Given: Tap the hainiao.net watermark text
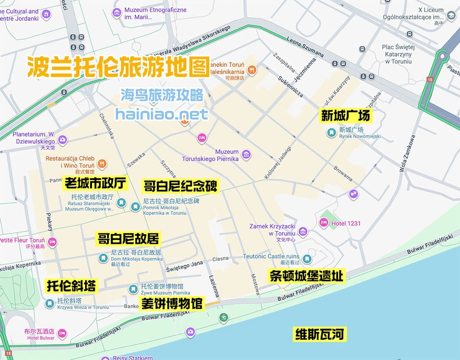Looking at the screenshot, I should pyautogui.click(x=162, y=114).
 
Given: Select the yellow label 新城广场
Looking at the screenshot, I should pyautogui.click(x=345, y=116).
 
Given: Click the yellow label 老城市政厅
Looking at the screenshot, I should pyautogui.click(x=95, y=184).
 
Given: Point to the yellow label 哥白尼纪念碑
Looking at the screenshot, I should pyautogui.click(x=180, y=186).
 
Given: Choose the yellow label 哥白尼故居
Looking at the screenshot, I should pyautogui.click(x=128, y=238).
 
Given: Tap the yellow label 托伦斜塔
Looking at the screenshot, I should pyautogui.click(x=71, y=286).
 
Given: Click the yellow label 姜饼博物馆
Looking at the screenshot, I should pyautogui.click(x=171, y=304).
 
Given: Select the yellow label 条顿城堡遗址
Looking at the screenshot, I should pyautogui.click(x=306, y=276).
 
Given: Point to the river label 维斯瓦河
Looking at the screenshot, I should pyautogui.click(x=319, y=334).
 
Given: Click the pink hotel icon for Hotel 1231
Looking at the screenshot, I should pyautogui.click(x=324, y=223).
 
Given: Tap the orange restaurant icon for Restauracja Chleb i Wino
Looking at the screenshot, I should pyautogui.click(x=103, y=163).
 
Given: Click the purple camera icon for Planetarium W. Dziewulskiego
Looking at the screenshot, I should pyautogui.click(x=63, y=139).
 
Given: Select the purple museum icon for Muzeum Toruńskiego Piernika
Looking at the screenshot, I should pyautogui.click(x=247, y=155).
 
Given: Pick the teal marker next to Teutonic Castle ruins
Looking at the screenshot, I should pyautogui.click(x=307, y=259).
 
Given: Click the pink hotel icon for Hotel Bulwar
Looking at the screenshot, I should pyautogui.click(x=62, y=333).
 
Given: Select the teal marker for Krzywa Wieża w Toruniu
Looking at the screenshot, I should pyautogui.click(x=50, y=303).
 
